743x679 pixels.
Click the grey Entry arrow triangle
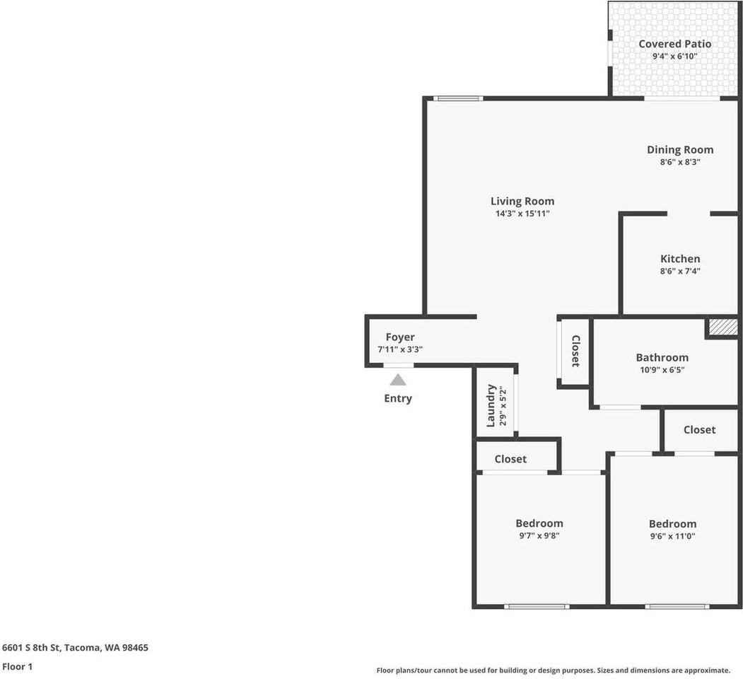(x=398, y=380)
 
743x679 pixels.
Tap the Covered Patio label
(x=674, y=44)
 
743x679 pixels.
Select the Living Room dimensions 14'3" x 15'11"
(x=522, y=214)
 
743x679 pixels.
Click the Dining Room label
(x=680, y=150)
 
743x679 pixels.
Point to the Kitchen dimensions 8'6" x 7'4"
(x=680, y=271)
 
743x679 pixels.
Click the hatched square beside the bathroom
(x=723, y=327)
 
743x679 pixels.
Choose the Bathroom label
(x=662, y=357)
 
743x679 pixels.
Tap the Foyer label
(x=400, y=337)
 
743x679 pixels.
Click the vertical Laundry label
(x=491, y=405)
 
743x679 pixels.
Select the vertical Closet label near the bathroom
(x=575, y=351)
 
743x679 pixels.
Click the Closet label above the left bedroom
(x=510, y=459)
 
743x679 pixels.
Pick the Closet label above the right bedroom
(x=699, y=429)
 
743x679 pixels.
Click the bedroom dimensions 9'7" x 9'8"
(x=539, y=536)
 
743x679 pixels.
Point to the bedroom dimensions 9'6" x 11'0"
(x=672, y=536)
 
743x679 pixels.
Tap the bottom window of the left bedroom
(x=537, y=606)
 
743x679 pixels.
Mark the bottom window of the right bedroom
(x=677, y=606)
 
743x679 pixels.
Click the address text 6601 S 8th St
(x=31, y=648)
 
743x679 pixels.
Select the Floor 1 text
(x=18, y=667)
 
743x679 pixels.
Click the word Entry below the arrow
(x=398, y=399)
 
